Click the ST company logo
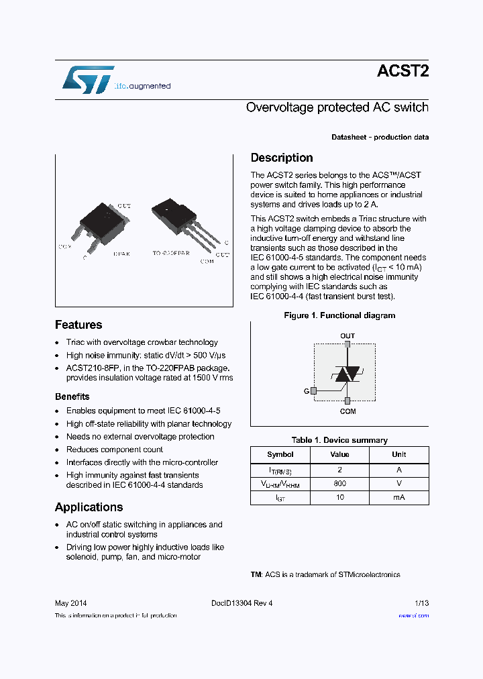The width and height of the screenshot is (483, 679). point(88,80)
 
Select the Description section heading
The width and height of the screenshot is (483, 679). point(282,158)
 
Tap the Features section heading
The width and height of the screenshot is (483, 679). point(78,325)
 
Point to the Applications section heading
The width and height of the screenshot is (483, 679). point(89,507)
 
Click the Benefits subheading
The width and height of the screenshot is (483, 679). point(72,397)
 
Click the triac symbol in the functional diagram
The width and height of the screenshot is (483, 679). point(347,374)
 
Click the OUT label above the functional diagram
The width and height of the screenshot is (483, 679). point(347,336)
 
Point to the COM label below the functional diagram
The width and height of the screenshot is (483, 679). point(347,411)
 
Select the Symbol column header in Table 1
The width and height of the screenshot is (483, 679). point(280,454)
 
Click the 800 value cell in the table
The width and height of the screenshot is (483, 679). point(339,483)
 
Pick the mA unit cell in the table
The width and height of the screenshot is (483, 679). point(398,497)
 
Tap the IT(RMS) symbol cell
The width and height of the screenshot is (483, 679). point(280,471)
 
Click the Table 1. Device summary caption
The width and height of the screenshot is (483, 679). point(339,440)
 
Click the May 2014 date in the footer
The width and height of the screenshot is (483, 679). point(70,603)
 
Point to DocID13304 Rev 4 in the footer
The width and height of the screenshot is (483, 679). point(237,603)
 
